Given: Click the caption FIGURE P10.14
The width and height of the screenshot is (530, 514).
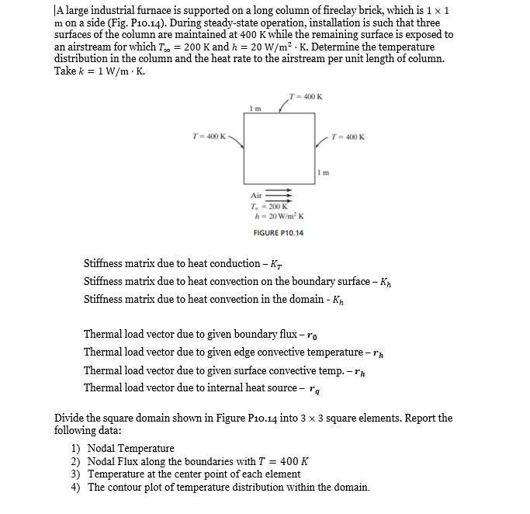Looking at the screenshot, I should click(279, 233).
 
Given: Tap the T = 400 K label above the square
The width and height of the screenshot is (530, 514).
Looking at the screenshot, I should click(305, 96).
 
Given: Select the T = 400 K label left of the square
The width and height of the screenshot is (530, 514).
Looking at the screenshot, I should click(209, 137).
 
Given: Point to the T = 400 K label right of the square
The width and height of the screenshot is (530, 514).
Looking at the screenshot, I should click(346, 137).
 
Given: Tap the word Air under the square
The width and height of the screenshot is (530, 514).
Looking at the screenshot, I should click(256, 196).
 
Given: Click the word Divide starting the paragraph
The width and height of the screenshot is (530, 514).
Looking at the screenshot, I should click(70, 418).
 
